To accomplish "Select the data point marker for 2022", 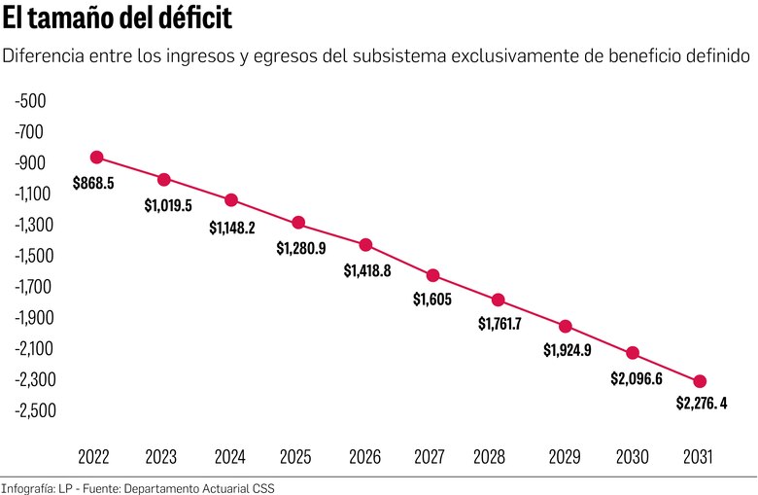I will (96, 158).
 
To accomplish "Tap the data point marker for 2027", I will (433, 275).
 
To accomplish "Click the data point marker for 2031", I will (700, 381).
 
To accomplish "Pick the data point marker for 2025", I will (298, 223).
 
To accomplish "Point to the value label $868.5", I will (93, 182).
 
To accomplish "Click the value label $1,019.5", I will (168, 205).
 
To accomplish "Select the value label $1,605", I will (432, 301).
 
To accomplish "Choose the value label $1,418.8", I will (367, 271).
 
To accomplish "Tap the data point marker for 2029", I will (566, 326).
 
